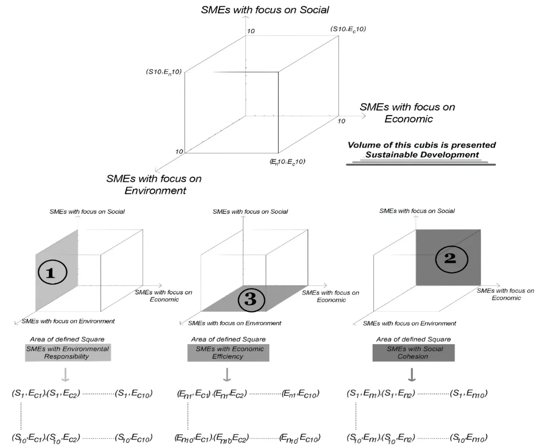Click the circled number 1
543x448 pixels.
click(x=52, y=272)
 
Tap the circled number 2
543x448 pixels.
click(x=451, y=259)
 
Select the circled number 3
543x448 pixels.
click(x=251, y=299)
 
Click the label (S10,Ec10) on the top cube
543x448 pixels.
click(x=348, y=29)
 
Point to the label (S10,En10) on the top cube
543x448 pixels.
click(x=164, y=72)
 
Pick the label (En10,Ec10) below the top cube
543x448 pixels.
click(x=287, y=162)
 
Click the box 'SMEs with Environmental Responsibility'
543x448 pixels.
click(x=68, y=352)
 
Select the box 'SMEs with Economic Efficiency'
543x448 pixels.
click(x=228, y=352)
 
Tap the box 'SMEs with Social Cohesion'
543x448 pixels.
click(x=414, y=352)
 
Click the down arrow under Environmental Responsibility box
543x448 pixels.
click(x=65, y=375)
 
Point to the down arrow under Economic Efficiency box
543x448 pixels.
click(x=227, y=375)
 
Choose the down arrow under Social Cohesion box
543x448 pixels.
click(x=412, y=375)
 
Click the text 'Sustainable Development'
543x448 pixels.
click(x=422, y=155)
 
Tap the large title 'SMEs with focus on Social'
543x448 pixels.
click(x=265, y=10)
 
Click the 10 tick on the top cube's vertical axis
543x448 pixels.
click(x=251, y=31)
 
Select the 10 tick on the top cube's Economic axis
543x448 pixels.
click(x=341, y=121)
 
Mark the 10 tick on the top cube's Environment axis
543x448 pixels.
click(x=179, y=152)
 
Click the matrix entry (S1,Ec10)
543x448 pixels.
click(x=134, y=394)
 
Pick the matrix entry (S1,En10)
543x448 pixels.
click(x=468, y=394)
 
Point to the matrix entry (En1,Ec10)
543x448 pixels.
click(x=300, y=394)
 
